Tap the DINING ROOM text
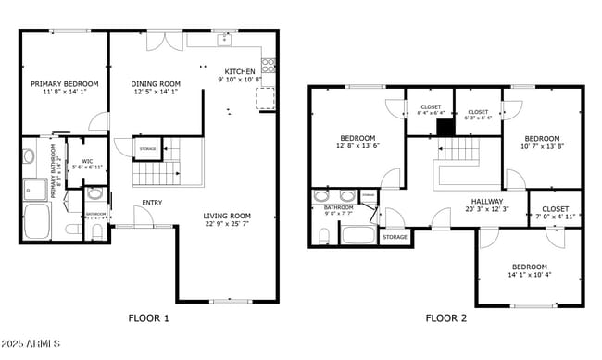click(x=156, y=83)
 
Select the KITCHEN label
click(x=240, y=72)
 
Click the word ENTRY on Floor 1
click(x=153, y=203)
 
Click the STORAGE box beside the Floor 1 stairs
click(x=147, y=148)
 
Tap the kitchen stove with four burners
click(x=269, y=65)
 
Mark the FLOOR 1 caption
click(x=149, y=318)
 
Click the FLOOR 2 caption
click(x=446, y=318)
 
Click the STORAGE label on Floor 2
click(x=394, y=237)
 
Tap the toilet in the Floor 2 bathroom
click(x=323, y=236)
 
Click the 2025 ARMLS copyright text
click(x=31, y=345)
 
